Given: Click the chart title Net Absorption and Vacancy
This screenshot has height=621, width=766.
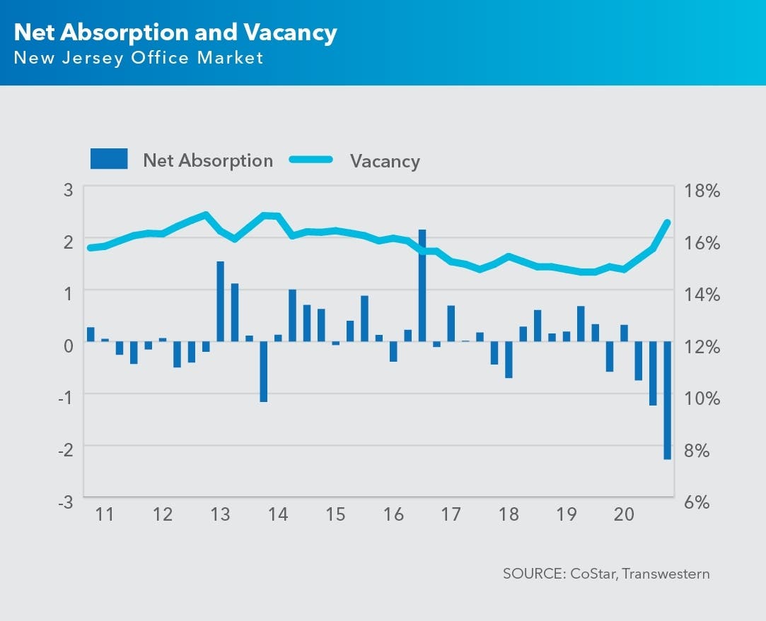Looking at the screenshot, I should (175, 32).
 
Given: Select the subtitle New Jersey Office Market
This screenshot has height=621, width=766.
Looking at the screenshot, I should (139, 58).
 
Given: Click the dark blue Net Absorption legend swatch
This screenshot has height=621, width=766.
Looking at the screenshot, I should (109, 159).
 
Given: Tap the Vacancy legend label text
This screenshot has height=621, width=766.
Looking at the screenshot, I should (385, 161).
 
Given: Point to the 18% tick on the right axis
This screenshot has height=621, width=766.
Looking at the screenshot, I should (701, 191).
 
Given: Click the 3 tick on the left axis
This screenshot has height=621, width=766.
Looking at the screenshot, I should (69, 189).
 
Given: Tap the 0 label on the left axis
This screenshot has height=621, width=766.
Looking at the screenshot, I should (69, 345).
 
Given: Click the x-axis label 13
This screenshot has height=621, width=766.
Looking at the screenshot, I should (221, 514).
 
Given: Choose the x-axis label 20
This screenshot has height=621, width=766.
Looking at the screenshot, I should (624, 514).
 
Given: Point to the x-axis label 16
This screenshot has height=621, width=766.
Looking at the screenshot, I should (393, 514).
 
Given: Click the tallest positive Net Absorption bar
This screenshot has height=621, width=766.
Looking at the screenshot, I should (422, 285).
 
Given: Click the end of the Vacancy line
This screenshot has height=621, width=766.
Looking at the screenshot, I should (667, 222).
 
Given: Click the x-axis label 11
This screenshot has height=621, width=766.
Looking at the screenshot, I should (105, 514).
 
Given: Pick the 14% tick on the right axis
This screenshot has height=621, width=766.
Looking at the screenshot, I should (701, 294).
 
